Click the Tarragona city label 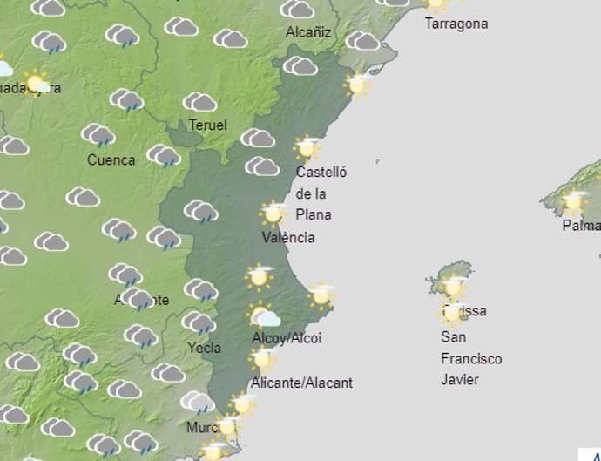tap(456, 24)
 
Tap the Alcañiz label tap(308, 32)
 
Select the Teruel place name tap(207, 125)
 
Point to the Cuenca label tap(111, 159)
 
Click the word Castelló tap(321, 173)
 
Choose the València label tap(288, 237)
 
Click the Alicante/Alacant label tap(301, 382)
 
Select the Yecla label tap(205, 348)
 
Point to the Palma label tap(581, 226)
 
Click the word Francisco tap(471, 358)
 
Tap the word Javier tap(460, 379)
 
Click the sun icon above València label tap(273, 213)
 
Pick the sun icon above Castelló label tap(307, 147)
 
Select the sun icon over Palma tap(572, 201)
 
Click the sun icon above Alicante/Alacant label tap(261, 358)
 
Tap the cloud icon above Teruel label tap(199, 102)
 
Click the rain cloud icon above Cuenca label tap(98, 135)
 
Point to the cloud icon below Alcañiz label tap(300, 65)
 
